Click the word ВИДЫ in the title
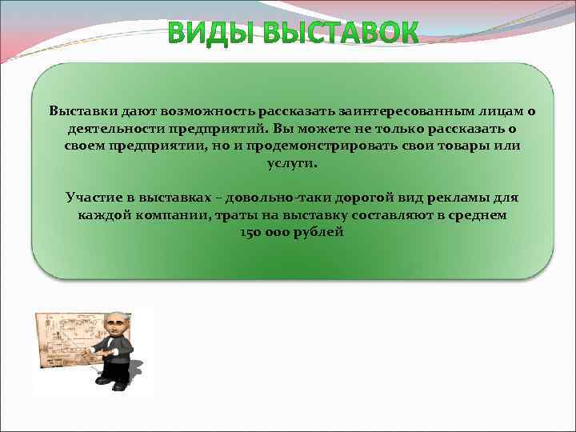(212, 34)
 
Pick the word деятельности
(110, 128)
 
